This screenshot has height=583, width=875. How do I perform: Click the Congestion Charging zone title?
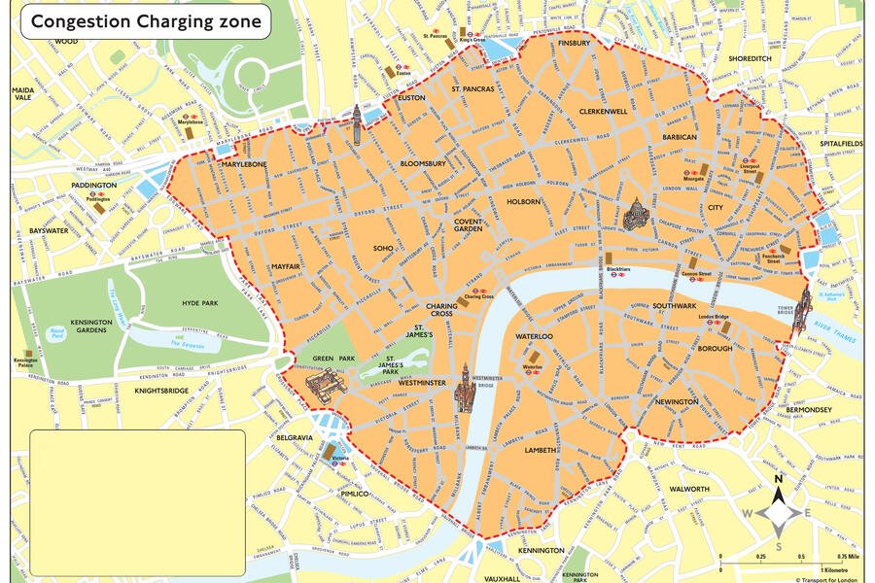[147, 19]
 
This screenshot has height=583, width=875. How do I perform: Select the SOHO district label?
[383, 249]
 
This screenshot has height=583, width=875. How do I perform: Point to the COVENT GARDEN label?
[468, 224]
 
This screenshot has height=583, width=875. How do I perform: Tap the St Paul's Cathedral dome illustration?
[637, 213]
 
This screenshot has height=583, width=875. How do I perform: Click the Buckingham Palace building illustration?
[325, 385]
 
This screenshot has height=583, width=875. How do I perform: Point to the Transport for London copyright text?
[827, 578]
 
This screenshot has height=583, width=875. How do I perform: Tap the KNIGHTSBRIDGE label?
[161, 390]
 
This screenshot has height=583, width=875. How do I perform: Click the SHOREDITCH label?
[750, 58]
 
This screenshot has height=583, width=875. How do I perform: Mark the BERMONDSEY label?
[809, 410]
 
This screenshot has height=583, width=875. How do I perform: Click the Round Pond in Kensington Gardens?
[57, 332]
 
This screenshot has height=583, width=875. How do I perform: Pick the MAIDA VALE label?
[22, 92]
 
